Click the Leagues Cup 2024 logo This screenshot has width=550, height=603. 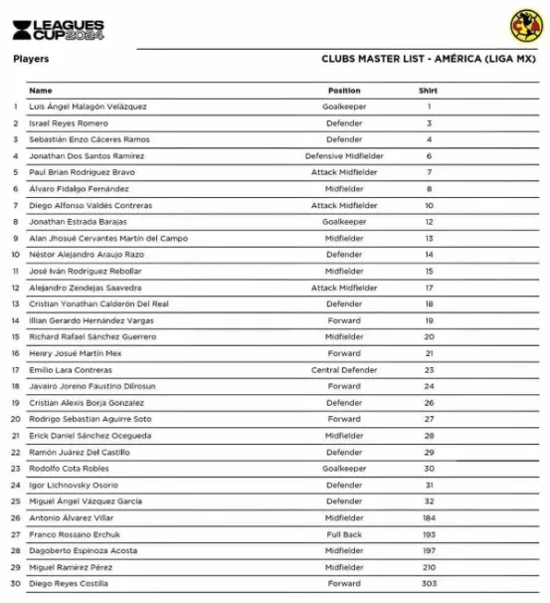point(58,29)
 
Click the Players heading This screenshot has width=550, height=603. point(31,59)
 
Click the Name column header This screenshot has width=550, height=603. point(41,91)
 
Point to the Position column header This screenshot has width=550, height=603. point(344,91)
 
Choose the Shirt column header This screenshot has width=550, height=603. point(429,91)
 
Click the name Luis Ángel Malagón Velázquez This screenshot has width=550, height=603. point(88,106)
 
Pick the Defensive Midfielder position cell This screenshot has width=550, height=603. point(344,156)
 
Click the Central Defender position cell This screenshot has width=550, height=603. point(344,370)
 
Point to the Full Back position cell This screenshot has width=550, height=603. point(344,534)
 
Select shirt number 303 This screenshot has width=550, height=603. point(429,584)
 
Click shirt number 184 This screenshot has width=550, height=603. point(429,517)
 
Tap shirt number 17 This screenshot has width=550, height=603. point(429,288)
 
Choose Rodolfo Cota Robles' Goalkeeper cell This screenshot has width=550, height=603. point(344,469)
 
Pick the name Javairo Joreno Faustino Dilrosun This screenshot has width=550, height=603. point(92,386)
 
